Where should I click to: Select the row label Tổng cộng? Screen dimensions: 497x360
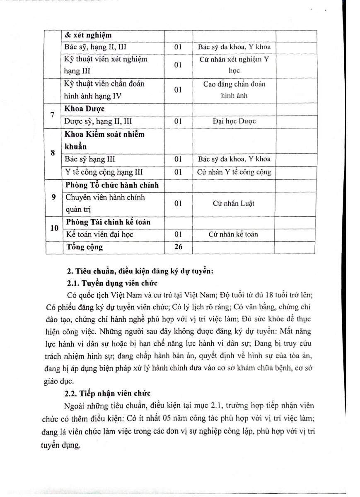click(x=84, y=247)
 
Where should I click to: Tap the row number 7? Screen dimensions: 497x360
click(x=53, y=115)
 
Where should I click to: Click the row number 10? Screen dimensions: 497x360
click(x=53, y=228)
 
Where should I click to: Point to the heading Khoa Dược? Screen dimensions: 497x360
click(x=84, y=109)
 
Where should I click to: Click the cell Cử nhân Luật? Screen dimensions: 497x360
click(x=234, y=203)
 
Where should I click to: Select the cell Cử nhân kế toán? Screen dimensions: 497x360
click(x=234, y=234)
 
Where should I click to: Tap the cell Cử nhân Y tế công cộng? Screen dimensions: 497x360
click(x=234, y=172)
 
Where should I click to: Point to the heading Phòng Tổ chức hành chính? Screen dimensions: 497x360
click(x=112, y=185)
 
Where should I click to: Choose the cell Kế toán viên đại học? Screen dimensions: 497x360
click(x=99, y=234)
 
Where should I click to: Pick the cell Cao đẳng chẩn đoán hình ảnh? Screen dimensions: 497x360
click(x=234, y=89)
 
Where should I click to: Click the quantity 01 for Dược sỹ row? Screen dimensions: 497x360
click(x=178, y=121)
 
